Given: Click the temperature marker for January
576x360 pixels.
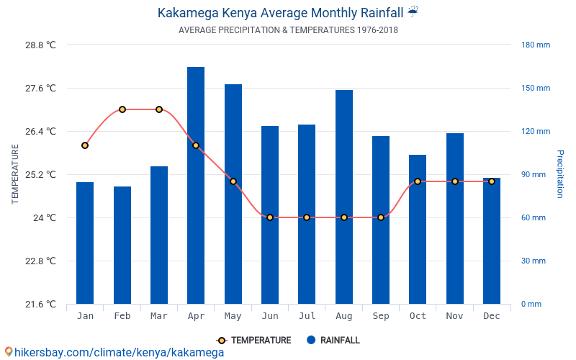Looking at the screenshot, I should click(x=85, y=145).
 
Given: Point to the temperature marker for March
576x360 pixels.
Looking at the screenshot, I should click(x=159, y=109).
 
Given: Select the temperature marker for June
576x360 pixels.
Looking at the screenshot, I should click(x=270, y=217).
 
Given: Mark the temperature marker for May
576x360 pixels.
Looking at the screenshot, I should click(x=233, y=181).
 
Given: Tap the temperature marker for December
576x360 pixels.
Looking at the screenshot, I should click(x=492, y=181).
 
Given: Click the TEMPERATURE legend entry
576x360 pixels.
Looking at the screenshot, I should click(x=255, y=341).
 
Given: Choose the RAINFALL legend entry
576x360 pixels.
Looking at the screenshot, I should click(x=333, y=341).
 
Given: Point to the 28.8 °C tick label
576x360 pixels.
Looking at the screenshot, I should click(x=41, y=45).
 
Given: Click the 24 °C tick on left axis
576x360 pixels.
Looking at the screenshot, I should click(x=44, y=217).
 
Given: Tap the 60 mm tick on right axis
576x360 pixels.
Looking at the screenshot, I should click(x=534, y=217).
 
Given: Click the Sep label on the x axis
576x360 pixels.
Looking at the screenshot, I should click(x=381, y=316).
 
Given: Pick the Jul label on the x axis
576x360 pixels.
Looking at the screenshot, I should click(x=307, y=316).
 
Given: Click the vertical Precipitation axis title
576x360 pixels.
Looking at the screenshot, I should click(x=560, y=174).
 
